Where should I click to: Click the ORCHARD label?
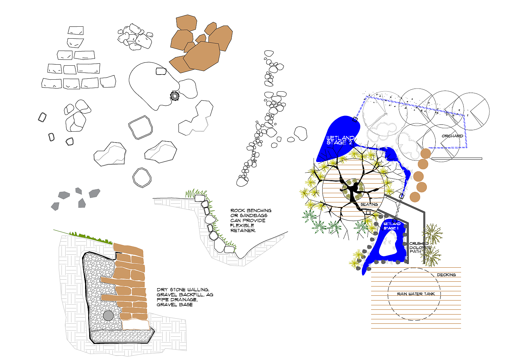pyautogui.click(x=452, y=136)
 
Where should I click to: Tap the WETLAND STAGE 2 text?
pyautogui.click(x=340, y=140)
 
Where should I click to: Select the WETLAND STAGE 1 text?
pyautogui.click(x=392, y=226)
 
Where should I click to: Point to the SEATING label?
pyautogui.click(x=369, y=204)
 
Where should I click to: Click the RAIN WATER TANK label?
pyautogui.click(x=416, y=294)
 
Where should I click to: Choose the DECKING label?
pyautogui.click(x=446, y=275)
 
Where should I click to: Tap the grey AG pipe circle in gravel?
pyautogui.click(x=108, y=316)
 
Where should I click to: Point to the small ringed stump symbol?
pyautogui.click(x=175, y=96)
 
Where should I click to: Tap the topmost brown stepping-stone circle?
pyautogui.click(x=425, y=154)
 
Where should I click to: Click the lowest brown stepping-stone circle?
pyautogui.click(x=415, y=197)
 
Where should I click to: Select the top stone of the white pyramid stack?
pyautogui.click(x=76, y=30)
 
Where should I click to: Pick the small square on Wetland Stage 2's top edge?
pyautogui.click(x=355, y=119)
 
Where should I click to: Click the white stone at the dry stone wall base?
pyautogui.click(x=136, y=325)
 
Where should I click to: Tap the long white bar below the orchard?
pyautogui.click(x=457, y=159)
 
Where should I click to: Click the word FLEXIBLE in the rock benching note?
pyautogui.click(x=242, y=225)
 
